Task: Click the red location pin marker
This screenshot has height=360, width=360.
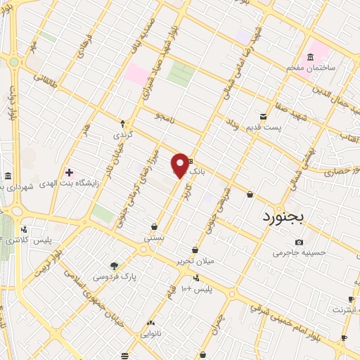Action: [181, 165]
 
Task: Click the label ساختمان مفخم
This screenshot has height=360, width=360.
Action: [313, 68]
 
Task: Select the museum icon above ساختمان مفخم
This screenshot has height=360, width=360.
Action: [310, 57]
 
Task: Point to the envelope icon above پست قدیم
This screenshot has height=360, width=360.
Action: [263, 115]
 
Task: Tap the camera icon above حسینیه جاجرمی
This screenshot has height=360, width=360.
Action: [300, 242]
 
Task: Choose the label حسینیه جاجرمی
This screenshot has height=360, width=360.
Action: [300, 252]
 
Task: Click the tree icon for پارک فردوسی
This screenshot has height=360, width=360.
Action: [114, 266]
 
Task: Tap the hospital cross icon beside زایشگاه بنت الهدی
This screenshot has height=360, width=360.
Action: [69, 172]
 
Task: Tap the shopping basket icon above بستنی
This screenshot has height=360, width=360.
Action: [155, 227]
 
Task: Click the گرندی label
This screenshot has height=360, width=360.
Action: [123, 132]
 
